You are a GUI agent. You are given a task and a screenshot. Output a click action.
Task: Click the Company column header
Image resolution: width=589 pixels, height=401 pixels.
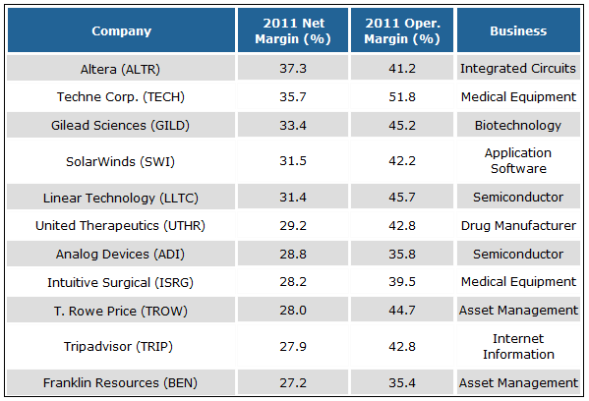(x=122, y=30)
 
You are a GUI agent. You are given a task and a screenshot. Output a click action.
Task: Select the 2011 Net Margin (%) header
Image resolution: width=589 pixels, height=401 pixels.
(x=292, y=30)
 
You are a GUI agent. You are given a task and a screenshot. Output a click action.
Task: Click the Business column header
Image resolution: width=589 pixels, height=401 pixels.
(x=518, y=30)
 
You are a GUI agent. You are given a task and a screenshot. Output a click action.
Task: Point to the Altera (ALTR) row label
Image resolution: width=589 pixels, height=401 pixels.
(x=122, y=70)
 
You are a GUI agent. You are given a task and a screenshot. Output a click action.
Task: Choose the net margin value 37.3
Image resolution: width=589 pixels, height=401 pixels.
(x=292, y=70)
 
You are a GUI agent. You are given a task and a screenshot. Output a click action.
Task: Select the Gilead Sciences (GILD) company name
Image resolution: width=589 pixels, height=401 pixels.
(x=122, y=126)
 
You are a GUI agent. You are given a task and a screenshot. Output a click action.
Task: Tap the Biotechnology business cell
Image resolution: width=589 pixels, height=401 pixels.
(x=518, y=126)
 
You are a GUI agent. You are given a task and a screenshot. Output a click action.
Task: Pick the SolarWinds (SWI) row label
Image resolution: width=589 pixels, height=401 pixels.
(x=122, y=161)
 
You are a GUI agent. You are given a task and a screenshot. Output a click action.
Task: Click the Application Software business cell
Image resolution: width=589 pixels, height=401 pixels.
(x=518, y=161)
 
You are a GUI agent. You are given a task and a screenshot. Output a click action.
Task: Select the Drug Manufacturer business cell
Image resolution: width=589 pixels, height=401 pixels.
(x=518, y=225)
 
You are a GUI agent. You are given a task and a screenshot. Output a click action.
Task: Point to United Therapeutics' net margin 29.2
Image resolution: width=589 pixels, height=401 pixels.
(x=292, y=225)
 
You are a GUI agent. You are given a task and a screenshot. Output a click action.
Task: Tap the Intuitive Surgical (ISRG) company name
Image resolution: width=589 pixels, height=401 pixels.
(x=122, y=282)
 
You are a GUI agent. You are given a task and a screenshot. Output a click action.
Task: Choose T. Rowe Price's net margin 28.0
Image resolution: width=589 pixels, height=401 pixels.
(x=292, y=311)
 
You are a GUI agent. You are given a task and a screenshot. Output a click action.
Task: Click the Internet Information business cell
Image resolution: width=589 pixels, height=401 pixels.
(x=518, y=346)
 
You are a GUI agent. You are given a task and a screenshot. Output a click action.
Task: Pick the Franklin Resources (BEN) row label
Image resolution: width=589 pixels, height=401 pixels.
(x=122, y=382)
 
